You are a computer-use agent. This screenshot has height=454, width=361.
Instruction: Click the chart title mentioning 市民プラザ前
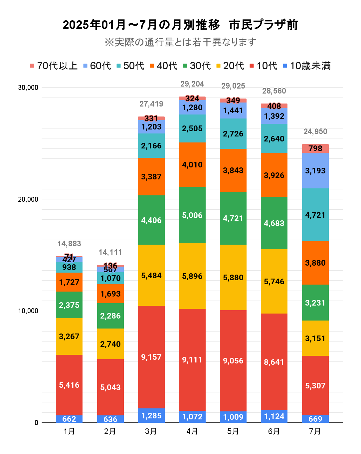pyautogui.click(x=180, y=25)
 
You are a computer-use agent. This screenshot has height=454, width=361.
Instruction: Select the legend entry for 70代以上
pyautogui.click(x=54, y=66)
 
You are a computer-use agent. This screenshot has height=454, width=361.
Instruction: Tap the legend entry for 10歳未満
pyautogui.click(x=306, y=66)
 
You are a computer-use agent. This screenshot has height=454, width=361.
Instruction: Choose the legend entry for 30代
pyautogui.click(x=197, y=66)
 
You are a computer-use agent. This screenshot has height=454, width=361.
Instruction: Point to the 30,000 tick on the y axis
pyautogui.click(x=28, y=88)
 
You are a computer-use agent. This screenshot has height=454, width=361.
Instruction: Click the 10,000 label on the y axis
pyautogui.click(x=28, y=311)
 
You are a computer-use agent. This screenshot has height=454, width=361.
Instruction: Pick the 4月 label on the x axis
pyautogui.click(x=192, y=431)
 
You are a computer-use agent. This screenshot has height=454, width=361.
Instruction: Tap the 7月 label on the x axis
pyautogui.click(x=315, y=431)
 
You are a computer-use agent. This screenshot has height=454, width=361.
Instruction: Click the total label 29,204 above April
pyautogui.click(x=192, y=84)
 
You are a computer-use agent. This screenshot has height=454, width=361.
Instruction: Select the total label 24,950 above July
pyautogui.click(x=315, y=131)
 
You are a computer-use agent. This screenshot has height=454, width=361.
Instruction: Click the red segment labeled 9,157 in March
pyautogui.click(x=151, y=357)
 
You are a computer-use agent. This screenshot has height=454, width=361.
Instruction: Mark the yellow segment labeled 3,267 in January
pyautogui.click(x=69, y=337)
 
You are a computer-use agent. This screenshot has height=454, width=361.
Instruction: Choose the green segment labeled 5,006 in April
pyautogui.click(x=192, y=215)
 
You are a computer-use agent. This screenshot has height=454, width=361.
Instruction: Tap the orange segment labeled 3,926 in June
pyautogui.click(x=274, y=175)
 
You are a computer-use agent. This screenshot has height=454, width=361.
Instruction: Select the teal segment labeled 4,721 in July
pyautogui.click(x=315, y=215)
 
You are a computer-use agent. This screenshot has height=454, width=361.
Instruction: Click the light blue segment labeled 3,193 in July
pyautogui.click(x=315, y=171)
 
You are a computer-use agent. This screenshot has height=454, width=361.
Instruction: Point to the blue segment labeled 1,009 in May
pyautogui.click(x=233, y=417)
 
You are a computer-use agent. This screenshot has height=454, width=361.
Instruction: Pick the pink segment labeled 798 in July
pyautogui.click(x=315, y=148)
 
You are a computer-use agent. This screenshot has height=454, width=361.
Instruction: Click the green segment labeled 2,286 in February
pyautogui.click(x=110, y=316)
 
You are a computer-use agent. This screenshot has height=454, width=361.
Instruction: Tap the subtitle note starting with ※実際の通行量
pyautogui.click(x=180, y=42)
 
